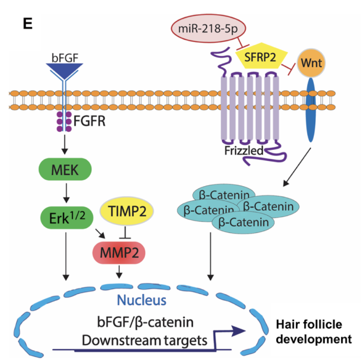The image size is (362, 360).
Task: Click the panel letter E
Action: [x=28, y=23]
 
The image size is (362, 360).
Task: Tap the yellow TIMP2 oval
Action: [x=127, y=211]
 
